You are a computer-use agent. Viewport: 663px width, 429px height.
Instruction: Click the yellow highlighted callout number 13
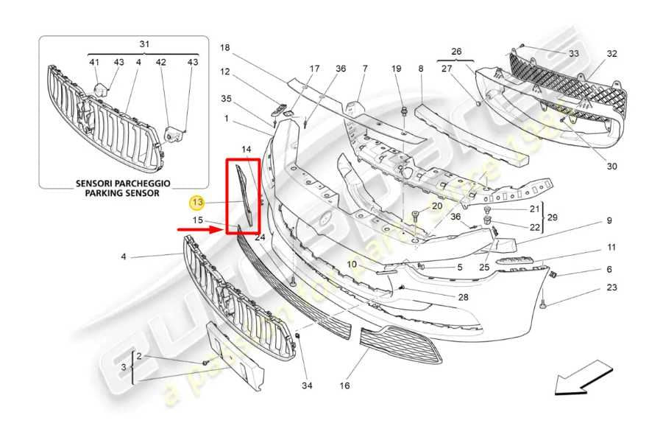pos(197,200)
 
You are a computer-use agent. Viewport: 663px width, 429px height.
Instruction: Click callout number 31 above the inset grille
pos(144,44)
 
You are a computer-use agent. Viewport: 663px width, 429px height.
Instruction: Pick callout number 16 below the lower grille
pos(344,385)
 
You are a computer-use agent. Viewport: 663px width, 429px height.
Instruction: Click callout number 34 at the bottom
pos(306,385)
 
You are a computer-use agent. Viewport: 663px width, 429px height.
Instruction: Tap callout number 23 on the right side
pos(612,287)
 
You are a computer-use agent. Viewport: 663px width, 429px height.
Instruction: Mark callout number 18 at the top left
pos(225,48)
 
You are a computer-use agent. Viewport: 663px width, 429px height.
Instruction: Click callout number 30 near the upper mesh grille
pos(612,166)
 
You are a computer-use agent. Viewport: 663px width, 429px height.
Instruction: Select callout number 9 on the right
pos(609,220)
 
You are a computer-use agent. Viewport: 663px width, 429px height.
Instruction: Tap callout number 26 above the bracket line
pos(456,52)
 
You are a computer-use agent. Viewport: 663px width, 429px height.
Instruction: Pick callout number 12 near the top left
pos(225,72)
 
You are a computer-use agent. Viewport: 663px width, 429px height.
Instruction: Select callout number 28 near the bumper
pos(463,297)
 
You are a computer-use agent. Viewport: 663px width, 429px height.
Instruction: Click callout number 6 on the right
pos(609,269)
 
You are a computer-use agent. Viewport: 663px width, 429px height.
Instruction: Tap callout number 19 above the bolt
pos(397,69)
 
